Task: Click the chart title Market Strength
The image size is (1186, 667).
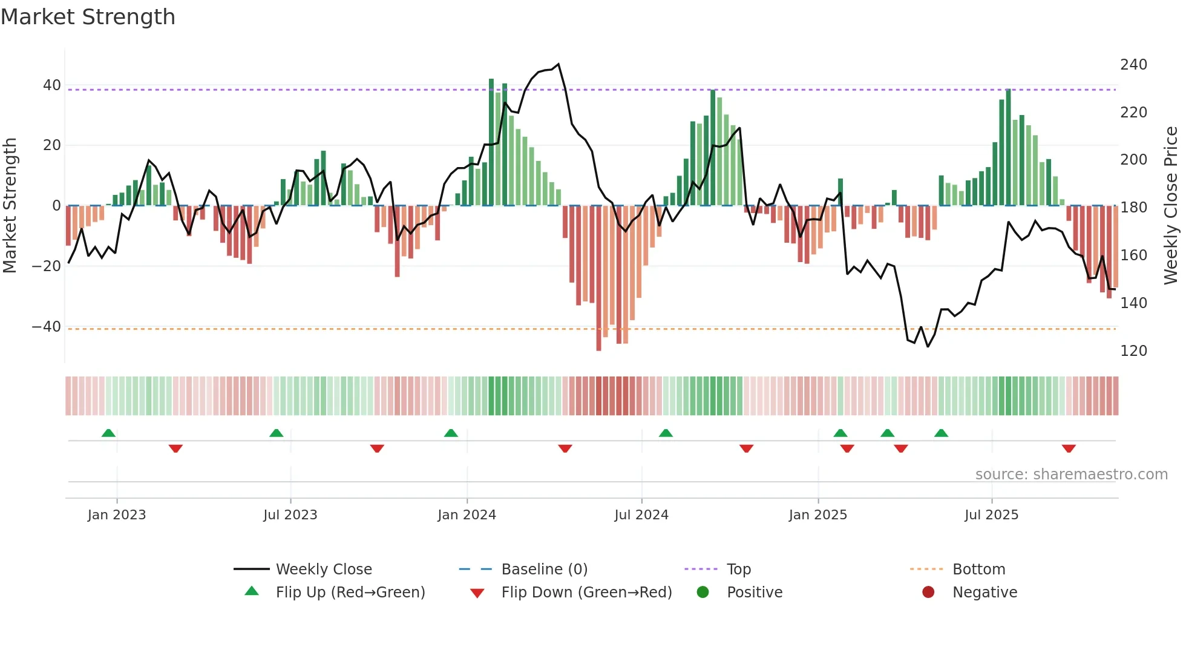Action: [88, 17]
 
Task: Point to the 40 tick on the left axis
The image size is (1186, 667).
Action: [52, 85]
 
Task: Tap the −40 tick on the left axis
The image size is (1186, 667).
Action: [47, 327]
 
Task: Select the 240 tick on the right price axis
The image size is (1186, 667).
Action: [1133, 65]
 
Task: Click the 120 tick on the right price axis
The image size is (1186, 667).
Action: [1133, 351]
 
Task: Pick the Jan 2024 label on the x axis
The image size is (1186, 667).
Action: [467, 515]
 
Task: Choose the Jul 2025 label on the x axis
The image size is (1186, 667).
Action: [991, 515]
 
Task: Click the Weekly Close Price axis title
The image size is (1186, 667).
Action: [1171, 206]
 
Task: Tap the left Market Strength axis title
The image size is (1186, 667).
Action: [10, 206]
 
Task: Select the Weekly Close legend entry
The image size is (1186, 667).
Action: [324, 570]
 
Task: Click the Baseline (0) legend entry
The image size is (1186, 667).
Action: [544, 570]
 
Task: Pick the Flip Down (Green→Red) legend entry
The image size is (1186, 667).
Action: [586, 593]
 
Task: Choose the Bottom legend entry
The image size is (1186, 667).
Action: [978, 570]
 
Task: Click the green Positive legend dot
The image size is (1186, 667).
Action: [703, 593]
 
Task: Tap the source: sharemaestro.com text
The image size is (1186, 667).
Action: [1071, 475]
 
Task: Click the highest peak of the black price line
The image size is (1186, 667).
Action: [559, 64]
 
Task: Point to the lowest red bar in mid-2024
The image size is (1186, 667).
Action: [598, 348]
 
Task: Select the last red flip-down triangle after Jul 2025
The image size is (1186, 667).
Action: [1069, 448]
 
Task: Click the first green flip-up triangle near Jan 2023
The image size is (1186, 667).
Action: [108, 433]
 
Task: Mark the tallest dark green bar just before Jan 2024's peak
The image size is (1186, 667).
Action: [491, 81]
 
